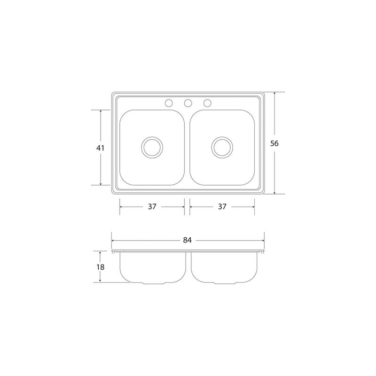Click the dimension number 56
274,143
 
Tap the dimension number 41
100,148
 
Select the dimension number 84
187,240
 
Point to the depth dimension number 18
101,267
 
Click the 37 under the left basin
152,206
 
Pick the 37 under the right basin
222,206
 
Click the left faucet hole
169,103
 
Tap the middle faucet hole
188,103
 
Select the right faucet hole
207,103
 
